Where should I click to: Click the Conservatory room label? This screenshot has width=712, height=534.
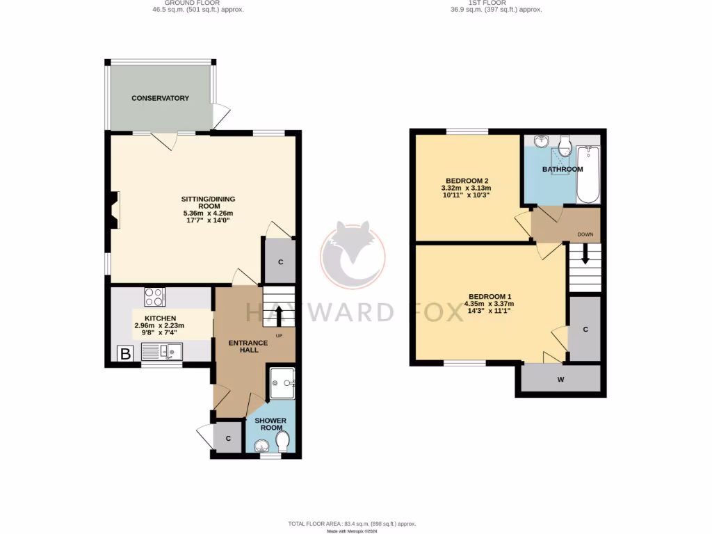(x=160, y=98)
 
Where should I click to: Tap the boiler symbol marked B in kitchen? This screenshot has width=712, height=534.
(x=125, y=354)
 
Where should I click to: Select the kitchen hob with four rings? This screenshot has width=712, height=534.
(x=154, y=297)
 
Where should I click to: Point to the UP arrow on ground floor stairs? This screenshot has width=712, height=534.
(x=280, y=314)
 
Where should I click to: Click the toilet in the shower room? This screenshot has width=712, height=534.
(x=282, y=441)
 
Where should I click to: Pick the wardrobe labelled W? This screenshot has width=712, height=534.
(x=560, y=379)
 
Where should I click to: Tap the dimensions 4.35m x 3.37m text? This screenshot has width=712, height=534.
(x=490, y=303)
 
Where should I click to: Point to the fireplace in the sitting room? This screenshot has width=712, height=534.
(x=113, y=210)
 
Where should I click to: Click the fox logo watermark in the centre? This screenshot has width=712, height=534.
(x=353, y=254)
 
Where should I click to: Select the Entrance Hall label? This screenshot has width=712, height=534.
(x=249, y=346)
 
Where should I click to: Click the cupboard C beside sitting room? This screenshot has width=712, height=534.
(x=280, y=261)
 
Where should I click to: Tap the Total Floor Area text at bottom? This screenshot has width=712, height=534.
(x=352, y=524)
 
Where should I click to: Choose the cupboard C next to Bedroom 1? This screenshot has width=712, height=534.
(x=585, y=329)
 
